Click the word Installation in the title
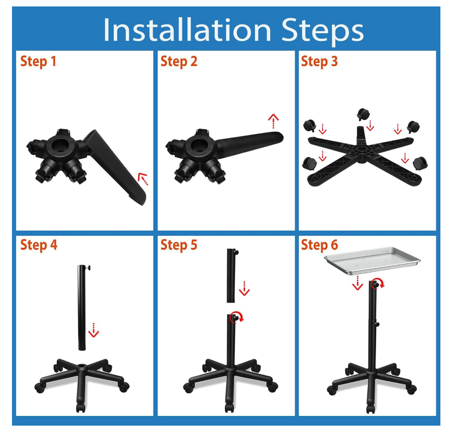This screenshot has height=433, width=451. point(187,29)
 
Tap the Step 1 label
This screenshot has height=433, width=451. point(38,62)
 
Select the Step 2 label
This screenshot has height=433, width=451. point(179,62)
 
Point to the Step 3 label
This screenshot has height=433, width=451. point(319,62)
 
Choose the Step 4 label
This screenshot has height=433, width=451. point(39,245)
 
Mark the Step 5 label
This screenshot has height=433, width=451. point(179,245)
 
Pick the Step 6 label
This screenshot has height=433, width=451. point(319,245)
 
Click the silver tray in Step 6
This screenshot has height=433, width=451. point(372,260)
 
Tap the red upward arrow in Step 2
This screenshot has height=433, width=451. point(273,121)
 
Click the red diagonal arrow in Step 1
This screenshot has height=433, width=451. point(143,179)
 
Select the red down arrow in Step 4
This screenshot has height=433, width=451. point(94,330)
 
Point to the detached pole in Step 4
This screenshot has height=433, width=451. point(82,307)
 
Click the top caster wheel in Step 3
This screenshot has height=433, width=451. point(363,114)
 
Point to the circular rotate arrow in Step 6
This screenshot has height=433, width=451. point(377,283)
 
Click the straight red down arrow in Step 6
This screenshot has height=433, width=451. point(357,283)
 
